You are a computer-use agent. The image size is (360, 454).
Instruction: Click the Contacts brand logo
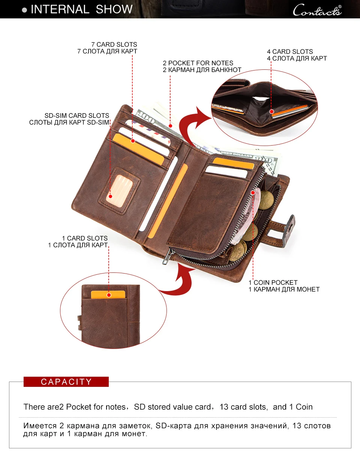[x=317, y=10]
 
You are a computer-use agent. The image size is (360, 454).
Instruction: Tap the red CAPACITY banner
[x=66, y=382]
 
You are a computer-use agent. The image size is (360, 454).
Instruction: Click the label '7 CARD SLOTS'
[x=114, y=45]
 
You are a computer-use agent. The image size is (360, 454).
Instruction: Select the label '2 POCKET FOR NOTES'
[x=198, y=63]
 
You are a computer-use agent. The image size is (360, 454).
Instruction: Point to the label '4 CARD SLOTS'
[x=290, y=51]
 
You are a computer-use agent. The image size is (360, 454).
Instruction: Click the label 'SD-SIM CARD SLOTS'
[x=77, y=116]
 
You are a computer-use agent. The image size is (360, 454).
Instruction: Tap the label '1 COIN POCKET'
[x=273, y=283]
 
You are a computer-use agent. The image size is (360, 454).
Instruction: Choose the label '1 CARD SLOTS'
[x=85, y=238]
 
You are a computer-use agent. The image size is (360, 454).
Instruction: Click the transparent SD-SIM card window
[x=116, y=190]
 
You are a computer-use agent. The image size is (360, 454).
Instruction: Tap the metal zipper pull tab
[x=166, y=259]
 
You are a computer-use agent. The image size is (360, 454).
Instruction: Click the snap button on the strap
[x=291, y=224]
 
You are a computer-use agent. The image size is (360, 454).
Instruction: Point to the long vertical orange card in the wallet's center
[x=167, y=201]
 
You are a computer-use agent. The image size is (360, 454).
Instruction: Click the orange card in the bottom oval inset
[x=108, y=295]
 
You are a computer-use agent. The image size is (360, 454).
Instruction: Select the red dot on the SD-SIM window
[x=110, y=196]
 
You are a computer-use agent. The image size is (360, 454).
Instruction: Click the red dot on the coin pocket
[x=253, y=193]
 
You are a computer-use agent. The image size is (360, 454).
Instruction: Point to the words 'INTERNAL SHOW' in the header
[x=81, y=9]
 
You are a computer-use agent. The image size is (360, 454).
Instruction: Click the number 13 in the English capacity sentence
[x=224, y=407]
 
